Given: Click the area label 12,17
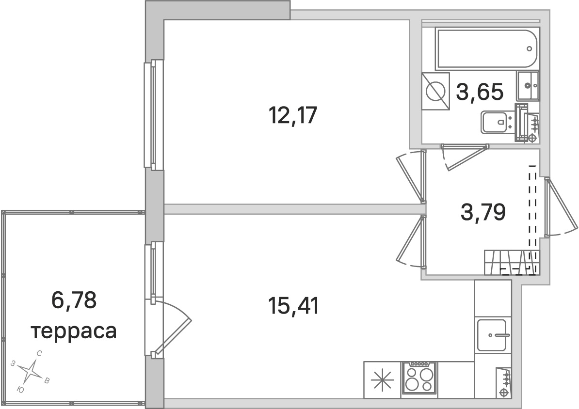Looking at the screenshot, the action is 293,115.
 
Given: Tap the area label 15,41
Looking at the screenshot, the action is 294,306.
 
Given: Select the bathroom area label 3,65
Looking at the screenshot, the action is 480,92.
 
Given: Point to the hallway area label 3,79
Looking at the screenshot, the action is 483,212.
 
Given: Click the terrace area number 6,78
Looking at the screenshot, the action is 74,300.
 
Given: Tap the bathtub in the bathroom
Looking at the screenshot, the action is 487,49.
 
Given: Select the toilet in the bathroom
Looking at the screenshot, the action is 495,122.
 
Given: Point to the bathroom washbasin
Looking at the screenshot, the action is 528,86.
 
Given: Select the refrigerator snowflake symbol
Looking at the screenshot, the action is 382,380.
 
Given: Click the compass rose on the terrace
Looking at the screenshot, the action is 32,371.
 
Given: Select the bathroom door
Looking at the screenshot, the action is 465,157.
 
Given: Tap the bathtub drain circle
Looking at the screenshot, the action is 530,49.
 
